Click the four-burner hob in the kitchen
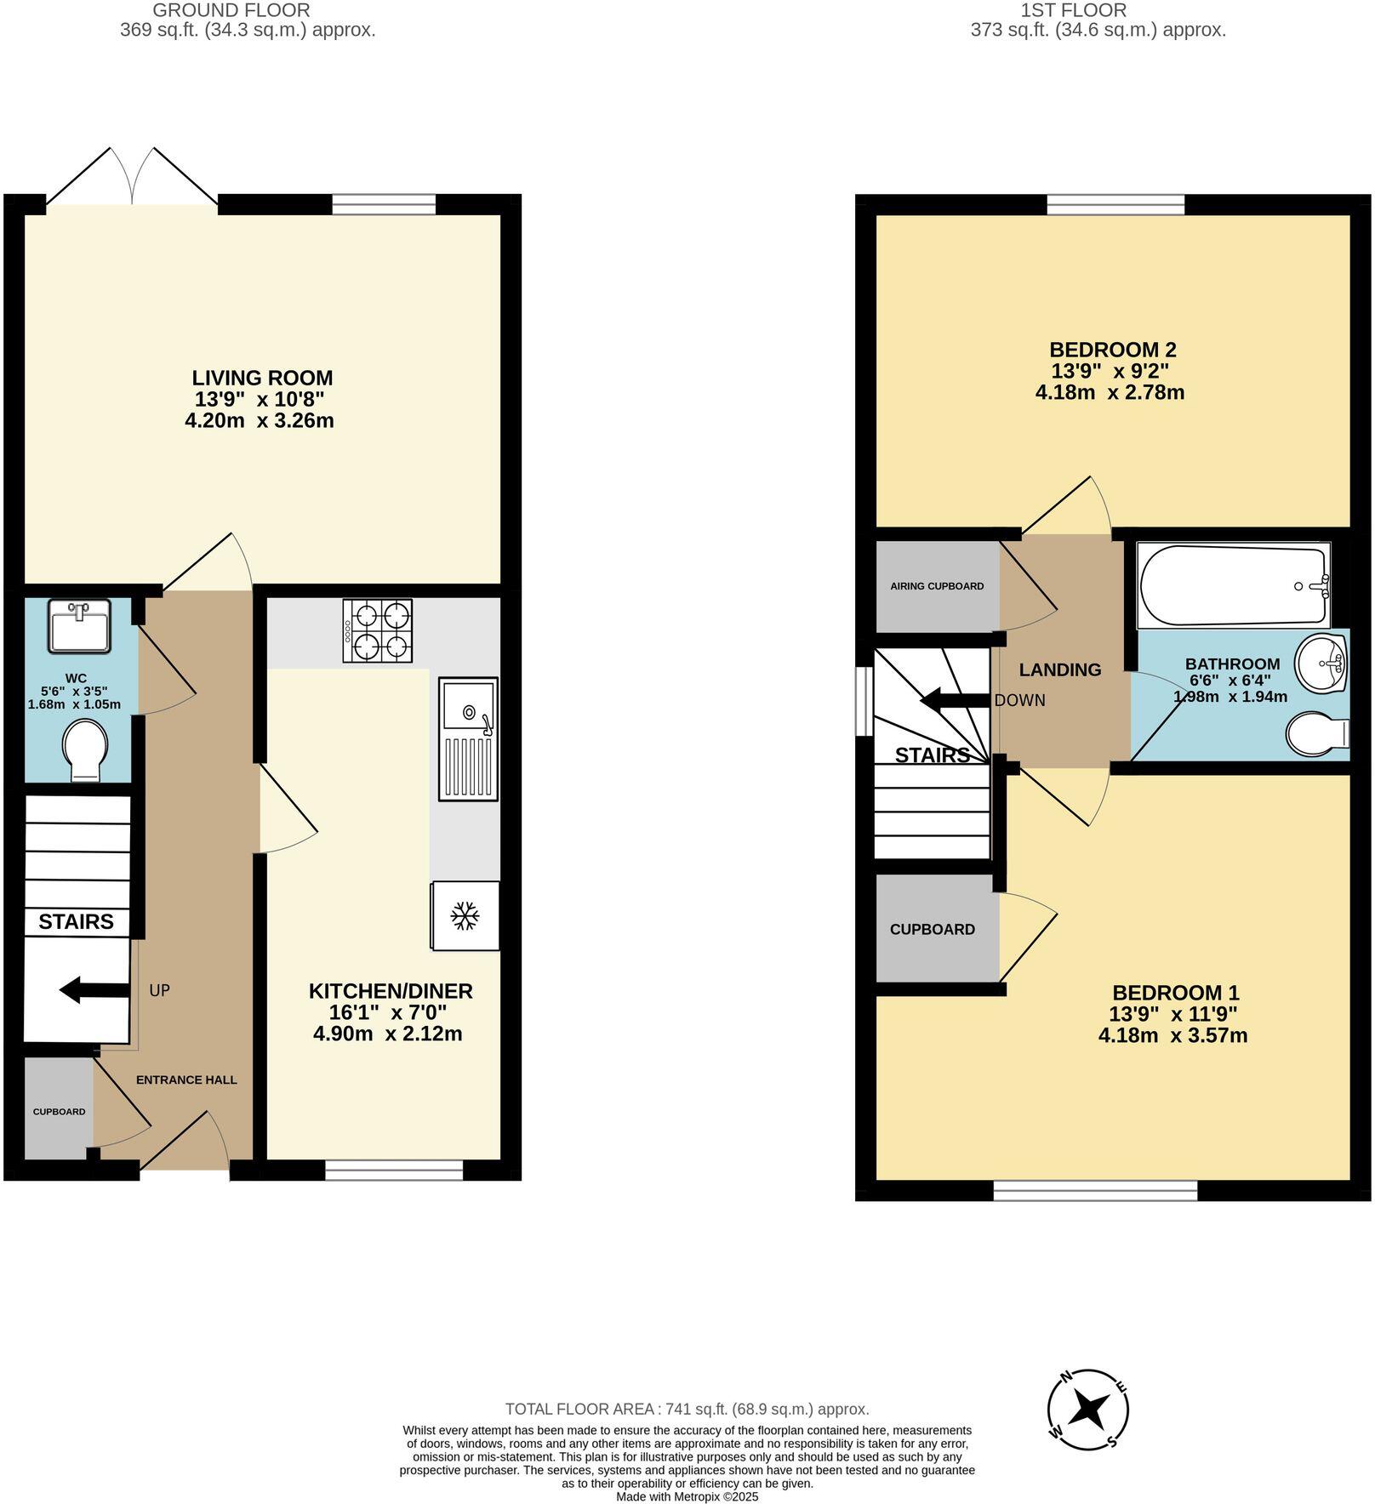(x=378, y=630)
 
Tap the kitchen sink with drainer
(x=468, y=738)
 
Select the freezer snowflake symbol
(x=465, y=916)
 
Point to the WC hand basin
(x=79, y=626)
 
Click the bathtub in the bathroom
(x=1233, y=585)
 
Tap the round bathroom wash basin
(x=1321, y=664)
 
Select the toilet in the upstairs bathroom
(x=1317, y=733)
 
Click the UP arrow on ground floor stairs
(x=94, y=989)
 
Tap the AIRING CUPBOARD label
(x=937, y=586)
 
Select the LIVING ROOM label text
(x=262, y=378)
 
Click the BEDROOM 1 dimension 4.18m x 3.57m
(x=1172, y=1035)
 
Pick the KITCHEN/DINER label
(x=390, y=991)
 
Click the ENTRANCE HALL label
(x=186, y=1080)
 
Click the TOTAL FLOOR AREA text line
(x=687, y=1409)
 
